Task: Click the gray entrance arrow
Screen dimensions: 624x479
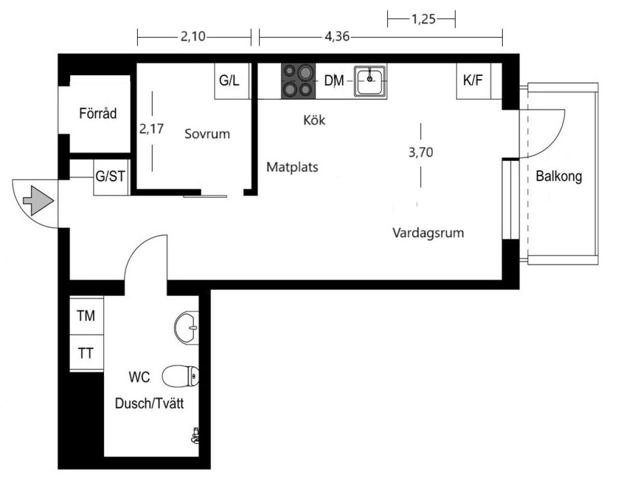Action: click(38, 200)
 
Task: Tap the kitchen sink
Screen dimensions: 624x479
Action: click(370, 81)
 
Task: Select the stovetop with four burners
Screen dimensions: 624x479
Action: click(298, 81)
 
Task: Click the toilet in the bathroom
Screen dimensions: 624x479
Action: click(180, 376)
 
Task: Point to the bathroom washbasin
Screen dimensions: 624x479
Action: click(187, 328)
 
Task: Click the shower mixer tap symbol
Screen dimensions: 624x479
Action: click(196, 436)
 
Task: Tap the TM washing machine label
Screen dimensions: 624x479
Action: click(86, 316)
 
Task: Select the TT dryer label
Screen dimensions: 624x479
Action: click(86, 353)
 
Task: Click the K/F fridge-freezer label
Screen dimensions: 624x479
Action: click(473, 80)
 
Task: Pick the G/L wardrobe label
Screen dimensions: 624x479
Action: click(229, 81)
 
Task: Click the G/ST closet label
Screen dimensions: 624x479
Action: click(110, 176)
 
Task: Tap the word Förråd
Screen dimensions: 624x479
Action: click(98, 113)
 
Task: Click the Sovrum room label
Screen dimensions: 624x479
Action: click(207, 134)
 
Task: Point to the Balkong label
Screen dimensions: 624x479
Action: click(559, 176)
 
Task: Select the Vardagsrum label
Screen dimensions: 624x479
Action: click(428, 233)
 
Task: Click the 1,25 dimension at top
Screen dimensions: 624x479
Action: click(424, 19)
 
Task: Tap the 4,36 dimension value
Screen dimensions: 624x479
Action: click(337, 37)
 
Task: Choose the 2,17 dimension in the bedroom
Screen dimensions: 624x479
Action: click(151, 129)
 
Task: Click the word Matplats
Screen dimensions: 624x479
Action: click(292, 167)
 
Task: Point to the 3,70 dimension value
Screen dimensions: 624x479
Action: click(421, 152)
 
